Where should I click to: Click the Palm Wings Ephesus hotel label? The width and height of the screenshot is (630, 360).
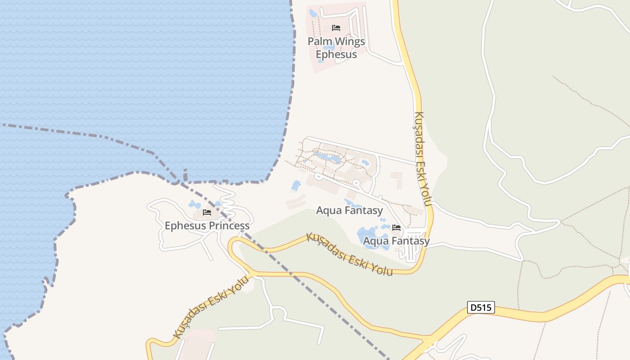coord(336,48)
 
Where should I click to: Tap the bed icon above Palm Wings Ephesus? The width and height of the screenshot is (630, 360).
coord(336,28)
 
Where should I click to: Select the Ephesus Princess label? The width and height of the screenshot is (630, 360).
coord(207,225)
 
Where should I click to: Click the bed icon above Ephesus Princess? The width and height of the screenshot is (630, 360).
coord(207,212)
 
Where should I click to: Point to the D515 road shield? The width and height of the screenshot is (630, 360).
coord(481,308)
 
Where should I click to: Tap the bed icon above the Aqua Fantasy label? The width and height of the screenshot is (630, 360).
coord(396,228)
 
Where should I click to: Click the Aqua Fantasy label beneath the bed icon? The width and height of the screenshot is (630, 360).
coord(396,241)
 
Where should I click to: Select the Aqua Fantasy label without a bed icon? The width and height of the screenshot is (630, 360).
coord(349,210)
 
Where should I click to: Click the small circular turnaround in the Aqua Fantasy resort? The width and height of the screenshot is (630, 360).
coord(356,183)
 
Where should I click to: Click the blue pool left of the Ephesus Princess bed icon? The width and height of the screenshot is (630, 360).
coord(194,205)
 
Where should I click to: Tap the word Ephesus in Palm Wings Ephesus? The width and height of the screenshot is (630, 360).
coord(336,54)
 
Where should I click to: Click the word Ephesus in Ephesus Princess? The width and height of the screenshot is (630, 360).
coord(182,225)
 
